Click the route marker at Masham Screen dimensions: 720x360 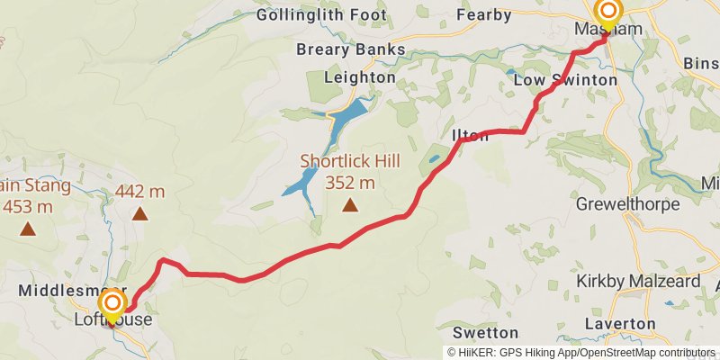[x=608, y=13]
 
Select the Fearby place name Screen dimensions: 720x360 [x=484, y=15]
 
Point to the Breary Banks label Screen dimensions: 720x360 [x=351, y=49]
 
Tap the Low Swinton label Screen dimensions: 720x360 [x=565, y=80]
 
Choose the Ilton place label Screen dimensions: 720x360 [x=471, y=136]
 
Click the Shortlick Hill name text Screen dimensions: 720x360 [x=350, y=163]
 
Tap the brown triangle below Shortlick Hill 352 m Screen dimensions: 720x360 [x=349, y=207]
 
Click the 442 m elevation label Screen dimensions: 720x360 [x=139, y=191]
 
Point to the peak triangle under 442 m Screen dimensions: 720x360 [x=139, y=213]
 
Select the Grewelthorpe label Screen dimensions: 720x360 [x=627, y=204]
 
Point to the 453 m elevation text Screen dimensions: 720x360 [x=27, y=207]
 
